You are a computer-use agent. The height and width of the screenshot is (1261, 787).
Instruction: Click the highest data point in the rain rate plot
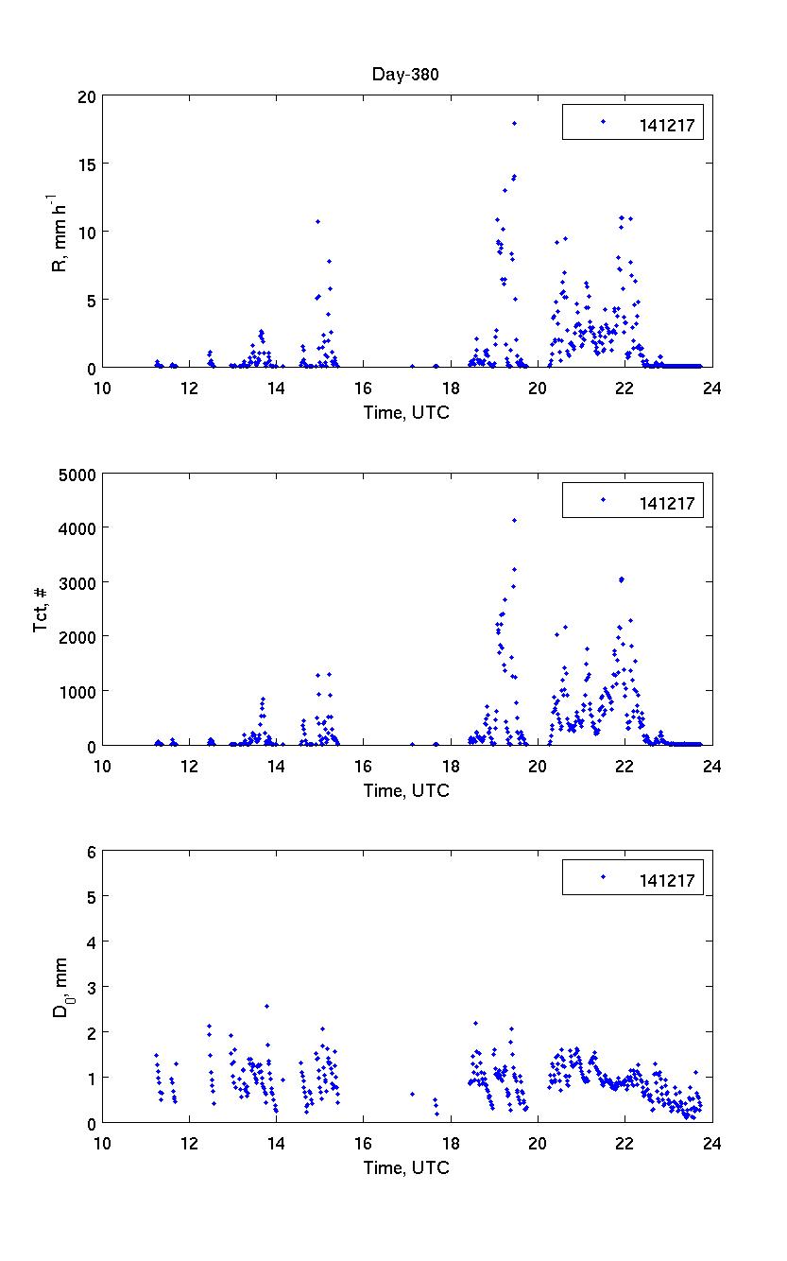(x=514, y=123)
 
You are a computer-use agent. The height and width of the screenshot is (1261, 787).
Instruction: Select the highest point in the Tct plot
(x=514, y=520)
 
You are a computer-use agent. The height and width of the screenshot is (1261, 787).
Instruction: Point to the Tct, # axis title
(x=43, y=610)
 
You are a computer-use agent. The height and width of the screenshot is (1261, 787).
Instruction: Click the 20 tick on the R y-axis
(x=88, y=95)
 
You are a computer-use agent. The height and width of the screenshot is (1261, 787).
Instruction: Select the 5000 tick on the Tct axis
(x=79, y=474)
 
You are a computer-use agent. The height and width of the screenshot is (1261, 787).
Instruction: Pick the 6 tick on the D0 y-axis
(x=92, y=852)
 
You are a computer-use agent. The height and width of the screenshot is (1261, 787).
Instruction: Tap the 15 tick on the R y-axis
(x=88, y=164)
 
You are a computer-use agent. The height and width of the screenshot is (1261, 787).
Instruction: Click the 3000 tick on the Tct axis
(x=79, y=582)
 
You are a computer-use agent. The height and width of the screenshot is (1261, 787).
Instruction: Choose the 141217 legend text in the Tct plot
(x=666, y=503)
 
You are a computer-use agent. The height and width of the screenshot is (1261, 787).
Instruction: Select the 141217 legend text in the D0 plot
(x=666, y=881)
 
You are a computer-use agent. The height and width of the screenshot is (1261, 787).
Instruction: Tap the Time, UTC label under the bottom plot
(x=406, y=1168)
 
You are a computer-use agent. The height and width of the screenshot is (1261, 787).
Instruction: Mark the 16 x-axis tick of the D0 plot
(x=364, y=1142)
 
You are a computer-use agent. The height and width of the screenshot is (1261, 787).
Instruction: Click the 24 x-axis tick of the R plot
(x=711, y=387)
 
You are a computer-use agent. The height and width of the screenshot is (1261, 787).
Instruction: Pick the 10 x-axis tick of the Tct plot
(x=102, y=765)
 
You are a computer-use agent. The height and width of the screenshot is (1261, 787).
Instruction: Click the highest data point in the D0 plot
(x=267, y=1006)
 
